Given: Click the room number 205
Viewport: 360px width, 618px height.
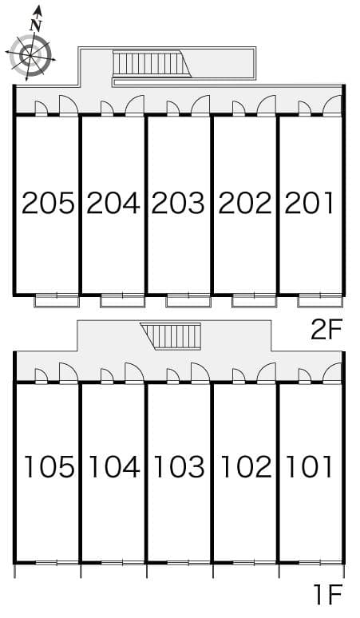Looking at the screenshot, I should [x=48, y=204].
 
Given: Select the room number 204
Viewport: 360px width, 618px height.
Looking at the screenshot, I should [x=113, y=204].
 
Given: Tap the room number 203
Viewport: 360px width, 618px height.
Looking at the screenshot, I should [x=179, y=204].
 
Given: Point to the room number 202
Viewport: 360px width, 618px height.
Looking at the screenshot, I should [x=244, y=204].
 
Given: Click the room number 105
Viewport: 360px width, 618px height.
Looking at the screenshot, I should [x=49, y=466].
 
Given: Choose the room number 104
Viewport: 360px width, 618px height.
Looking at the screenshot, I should [x=113, y=466].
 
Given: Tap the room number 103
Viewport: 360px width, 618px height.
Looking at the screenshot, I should [x=179, y=466].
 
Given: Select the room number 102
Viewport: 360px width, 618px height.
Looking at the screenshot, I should [x=244, y=466].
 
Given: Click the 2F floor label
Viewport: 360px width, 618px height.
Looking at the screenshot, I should [x=327, y=330].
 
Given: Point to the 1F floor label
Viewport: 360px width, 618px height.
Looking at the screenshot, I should [x=327, y=594].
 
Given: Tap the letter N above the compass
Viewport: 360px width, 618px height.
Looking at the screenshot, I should [x=36, y=24].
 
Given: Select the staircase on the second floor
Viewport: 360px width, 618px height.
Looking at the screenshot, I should [x=148, y=63].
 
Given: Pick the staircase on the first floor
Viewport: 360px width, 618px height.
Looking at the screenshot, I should [x=170, y=336].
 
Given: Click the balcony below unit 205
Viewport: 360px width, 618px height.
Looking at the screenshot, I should [x=57, y=300].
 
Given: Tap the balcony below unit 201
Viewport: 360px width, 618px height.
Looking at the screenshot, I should [x=320, y=300].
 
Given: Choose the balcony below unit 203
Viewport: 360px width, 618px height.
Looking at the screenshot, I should [x=189, y=300].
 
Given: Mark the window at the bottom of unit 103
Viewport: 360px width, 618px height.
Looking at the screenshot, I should [x=179, y=563].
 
